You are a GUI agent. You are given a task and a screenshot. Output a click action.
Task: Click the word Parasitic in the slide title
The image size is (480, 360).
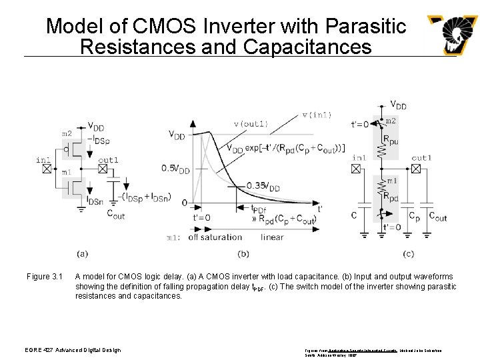pos(365,26)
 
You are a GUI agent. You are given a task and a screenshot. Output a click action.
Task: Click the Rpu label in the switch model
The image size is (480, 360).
pos(391,141)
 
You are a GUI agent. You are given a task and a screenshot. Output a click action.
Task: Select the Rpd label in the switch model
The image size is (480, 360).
pos(391,197)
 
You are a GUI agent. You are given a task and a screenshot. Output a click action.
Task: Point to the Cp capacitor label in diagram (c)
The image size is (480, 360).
pos(415,216)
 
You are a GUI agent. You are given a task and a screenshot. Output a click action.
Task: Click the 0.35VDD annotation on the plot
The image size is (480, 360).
pos(263,187)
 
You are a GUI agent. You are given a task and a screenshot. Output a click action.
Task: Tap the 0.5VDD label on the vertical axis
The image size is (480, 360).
pos(175,169)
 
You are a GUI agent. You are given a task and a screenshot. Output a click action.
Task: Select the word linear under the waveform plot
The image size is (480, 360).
pos(272,237)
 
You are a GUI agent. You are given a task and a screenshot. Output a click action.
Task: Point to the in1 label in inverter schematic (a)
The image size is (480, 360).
pos(43,160)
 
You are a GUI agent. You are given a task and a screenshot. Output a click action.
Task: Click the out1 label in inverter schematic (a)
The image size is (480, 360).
pos(108,160)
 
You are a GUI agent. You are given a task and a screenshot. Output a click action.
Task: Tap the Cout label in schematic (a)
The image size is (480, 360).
pos(115,214)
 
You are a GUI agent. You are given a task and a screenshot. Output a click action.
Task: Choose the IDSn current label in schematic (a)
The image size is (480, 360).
pos(95,201)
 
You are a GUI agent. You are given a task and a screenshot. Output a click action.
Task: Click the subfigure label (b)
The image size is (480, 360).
pos(243,253)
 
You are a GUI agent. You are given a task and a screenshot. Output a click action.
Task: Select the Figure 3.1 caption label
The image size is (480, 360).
pos(44,277)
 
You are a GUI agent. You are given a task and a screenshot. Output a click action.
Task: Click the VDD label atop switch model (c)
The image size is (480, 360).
pos(398,105)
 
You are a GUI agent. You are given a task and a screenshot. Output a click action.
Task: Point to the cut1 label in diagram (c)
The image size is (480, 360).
pos(421,158)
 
